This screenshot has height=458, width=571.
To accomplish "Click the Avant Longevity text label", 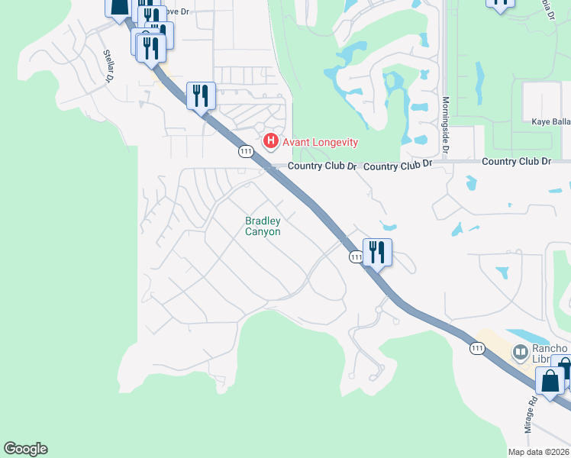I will (x=320, y=142).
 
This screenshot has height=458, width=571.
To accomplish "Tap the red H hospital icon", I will (x=269, y=141).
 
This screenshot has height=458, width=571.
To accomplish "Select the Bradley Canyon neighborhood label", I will (x=263, y=226).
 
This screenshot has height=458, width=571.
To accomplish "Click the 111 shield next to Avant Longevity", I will (x=246, y=151).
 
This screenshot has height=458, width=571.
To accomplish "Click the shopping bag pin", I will (x=550, y=379).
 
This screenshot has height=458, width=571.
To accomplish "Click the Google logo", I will (x=25, y=449).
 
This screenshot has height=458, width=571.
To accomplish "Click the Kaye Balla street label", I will (x=550, y=121).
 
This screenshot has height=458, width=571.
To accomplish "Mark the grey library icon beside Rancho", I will (x=521, y=352).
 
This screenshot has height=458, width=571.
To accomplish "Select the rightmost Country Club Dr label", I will (x=516, y=162).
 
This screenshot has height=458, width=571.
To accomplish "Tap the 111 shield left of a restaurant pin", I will (x=356, y=257).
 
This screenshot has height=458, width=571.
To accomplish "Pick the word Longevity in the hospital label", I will (x=333, y=142).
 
